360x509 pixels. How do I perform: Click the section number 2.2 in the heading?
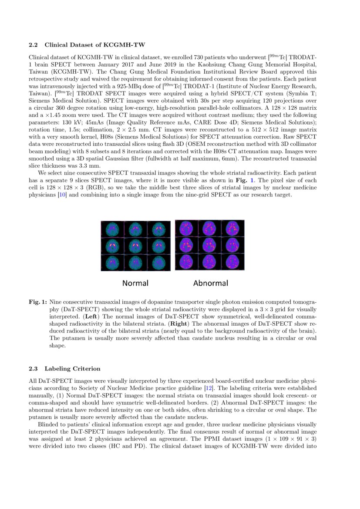pos(34,45)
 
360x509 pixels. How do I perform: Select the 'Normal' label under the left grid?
pos(135,283)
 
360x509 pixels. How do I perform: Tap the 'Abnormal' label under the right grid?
pos(210,283)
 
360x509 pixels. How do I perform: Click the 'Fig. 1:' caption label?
pos(38,301)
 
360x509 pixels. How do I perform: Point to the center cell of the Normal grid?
pos(135,246)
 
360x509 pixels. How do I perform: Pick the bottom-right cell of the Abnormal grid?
pos(232,261)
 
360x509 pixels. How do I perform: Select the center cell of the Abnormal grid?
pos(209,245)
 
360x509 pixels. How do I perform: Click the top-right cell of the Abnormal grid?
pos(232,228)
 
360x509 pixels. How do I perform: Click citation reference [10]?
pos(63,195)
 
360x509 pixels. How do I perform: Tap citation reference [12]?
pos(208,388)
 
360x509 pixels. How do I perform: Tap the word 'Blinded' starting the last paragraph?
pos(48,425)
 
